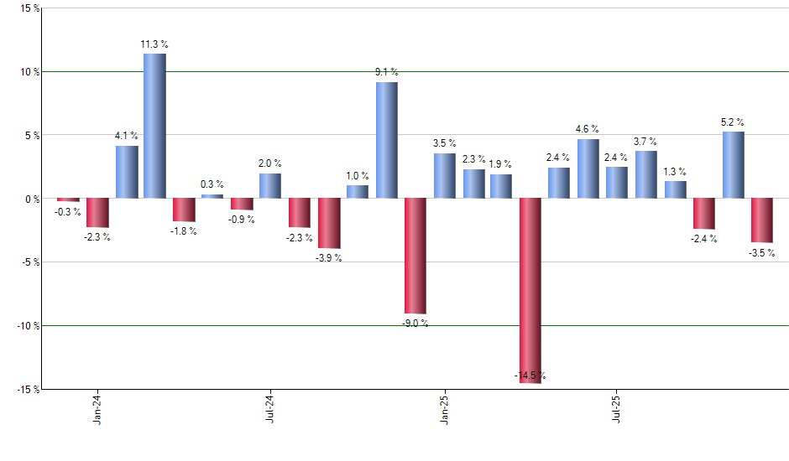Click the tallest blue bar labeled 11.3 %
click(154, 126)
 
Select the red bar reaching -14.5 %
click(530, 290)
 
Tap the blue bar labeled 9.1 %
click(386, 140)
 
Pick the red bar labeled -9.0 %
click(415, 256)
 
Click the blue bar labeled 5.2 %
click(733, 165)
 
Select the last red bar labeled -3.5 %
click(762, 220)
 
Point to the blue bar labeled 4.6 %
click(588, 168)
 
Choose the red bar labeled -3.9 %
click(328, 223)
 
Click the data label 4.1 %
click(127, 136)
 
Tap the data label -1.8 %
click(184, 230)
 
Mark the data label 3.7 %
click(645, 142)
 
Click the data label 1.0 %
click(358, 175)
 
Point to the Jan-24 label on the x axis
click(98, 408)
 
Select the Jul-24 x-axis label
click(270, 408)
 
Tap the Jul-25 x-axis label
click(617, 408)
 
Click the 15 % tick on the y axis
click(29, 8)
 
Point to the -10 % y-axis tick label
click(28, 325)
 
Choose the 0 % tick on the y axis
click(32, 199)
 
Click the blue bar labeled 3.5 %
click(444, 176)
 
